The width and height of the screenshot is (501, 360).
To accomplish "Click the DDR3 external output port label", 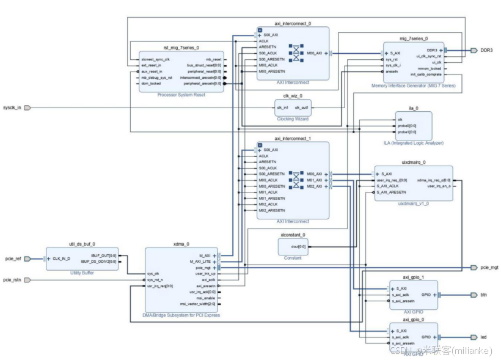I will coord(486,50).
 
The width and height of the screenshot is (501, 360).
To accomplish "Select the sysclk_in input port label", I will coord(12,108).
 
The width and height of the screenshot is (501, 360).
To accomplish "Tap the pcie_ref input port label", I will coord(13,259).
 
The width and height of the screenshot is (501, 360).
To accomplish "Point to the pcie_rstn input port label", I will coord(13,280).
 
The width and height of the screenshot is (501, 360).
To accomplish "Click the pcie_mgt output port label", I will coord(489,268).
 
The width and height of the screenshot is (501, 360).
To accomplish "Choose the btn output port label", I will coord(483,295).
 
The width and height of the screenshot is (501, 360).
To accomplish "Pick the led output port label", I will coord(483,337).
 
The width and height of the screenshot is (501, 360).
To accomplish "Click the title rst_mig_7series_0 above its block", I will coord(181,47).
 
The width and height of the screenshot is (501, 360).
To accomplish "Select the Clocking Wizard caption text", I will coord(293,119).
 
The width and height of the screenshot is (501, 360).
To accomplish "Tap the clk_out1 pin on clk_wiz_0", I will coord(302,108).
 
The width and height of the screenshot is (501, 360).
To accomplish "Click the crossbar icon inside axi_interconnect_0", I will coord(296,53).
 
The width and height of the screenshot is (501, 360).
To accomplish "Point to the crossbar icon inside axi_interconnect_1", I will coord(296,180).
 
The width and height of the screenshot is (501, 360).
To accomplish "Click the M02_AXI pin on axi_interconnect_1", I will coord(315,186).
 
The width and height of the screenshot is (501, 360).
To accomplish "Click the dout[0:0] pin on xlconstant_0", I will coord(298,246).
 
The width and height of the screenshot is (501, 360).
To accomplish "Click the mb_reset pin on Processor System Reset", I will coord(213,59).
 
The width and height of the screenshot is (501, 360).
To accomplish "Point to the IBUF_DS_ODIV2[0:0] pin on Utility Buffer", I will coord(103,261).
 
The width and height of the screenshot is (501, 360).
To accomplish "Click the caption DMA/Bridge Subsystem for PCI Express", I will coord(181,315).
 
